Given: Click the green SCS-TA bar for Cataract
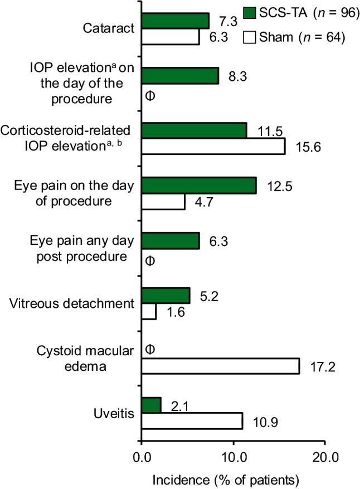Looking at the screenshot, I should (175, 21).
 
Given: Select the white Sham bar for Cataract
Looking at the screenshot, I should (171, 37).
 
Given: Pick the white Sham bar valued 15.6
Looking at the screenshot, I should (213, 146).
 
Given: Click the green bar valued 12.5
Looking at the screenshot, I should (199, 186).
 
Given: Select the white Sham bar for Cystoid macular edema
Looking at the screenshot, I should (221, 366).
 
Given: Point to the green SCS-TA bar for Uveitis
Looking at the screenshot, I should (151, 405).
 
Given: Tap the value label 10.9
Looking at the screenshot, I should (261, 422).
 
